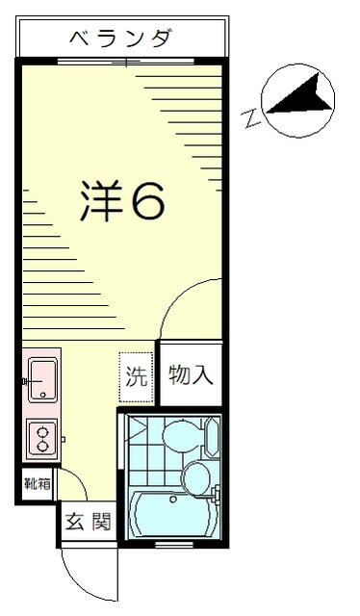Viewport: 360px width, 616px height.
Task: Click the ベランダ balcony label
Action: tap(122, 39)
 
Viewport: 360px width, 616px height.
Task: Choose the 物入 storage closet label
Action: tap(190, 374)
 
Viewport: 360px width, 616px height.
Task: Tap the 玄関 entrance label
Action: tap(88, 524)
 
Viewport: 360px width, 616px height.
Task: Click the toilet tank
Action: tap(213, 439)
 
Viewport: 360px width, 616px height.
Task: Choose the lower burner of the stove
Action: tap(43, 448)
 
